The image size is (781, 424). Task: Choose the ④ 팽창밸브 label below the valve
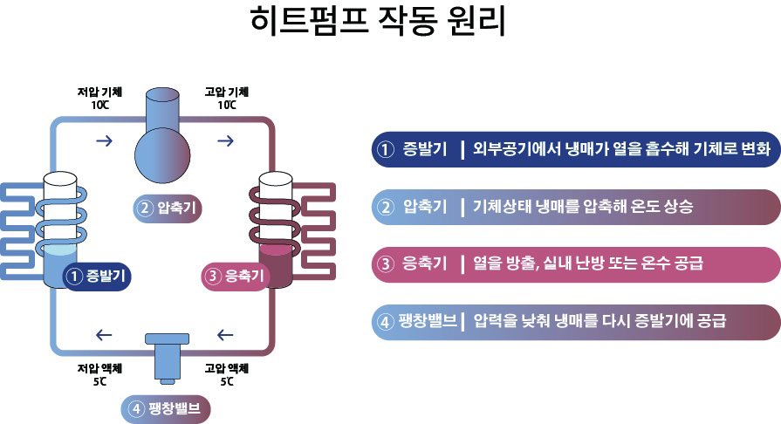(x=166, y=408)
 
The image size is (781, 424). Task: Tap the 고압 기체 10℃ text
(x=228, y=98)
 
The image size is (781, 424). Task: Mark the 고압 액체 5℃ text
(x=227, y=374)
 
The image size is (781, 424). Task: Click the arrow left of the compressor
(x=104, y=140)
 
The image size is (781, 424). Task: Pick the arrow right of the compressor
(x=224, y=140)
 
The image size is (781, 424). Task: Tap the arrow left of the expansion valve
(x=104, y=334)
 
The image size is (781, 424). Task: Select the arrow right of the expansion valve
(x=224, y=334)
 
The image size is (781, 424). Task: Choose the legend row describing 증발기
(x=574, y=149)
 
